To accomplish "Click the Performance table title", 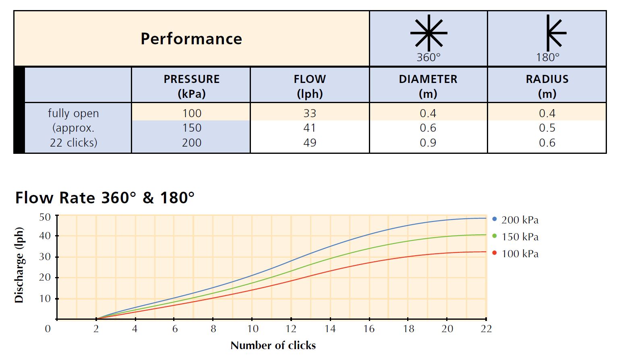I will point(191,39).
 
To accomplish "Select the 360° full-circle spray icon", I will point(429,33).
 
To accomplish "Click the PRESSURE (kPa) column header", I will point(191,86).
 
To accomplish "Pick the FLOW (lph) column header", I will point(310,86).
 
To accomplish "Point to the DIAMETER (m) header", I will point(428,86).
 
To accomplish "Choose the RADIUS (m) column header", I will point(547,86).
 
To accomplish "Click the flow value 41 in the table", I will point(310,128).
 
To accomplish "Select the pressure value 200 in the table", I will point(191,143).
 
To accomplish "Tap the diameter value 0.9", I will point(428,143).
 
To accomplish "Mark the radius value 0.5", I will point(547,128).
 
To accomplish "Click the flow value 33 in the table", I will point(310,114).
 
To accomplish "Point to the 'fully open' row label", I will point(73,114).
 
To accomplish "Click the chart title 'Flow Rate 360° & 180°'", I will point(105,198).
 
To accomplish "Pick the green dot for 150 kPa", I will point(495,236).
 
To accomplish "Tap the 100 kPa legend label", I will point(520,254).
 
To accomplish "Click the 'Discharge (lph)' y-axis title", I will point(19,265).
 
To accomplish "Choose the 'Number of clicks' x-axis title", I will point(273,346).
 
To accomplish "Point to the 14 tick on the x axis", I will point(330,329).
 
